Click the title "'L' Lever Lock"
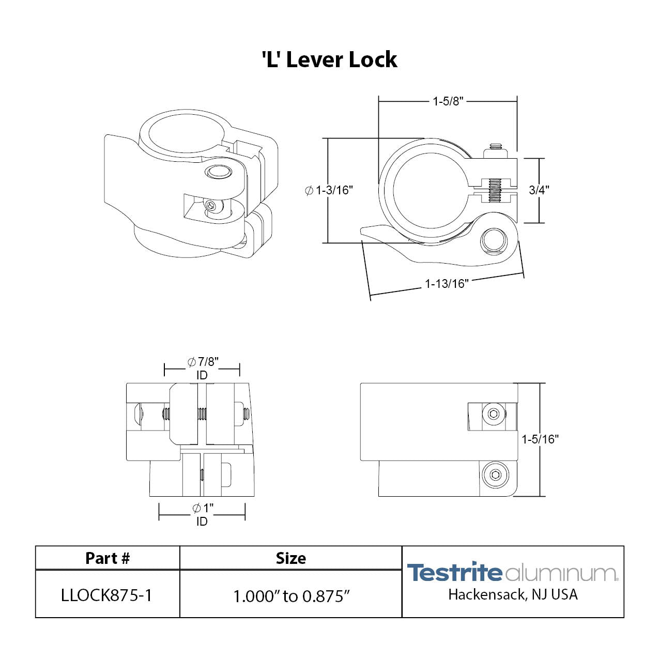point(329,60)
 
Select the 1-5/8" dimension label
point(448,101)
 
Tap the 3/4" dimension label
point(539,190)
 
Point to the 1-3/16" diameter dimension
point(329,190)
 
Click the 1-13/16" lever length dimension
point(447,283)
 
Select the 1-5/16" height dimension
point(540,439)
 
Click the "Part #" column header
point(108,558)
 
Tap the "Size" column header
point(290,558)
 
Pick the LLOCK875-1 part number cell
point(106,595)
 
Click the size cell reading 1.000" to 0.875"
point(292,596)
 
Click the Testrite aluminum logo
point(512,573)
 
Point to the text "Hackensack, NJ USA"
point(513,595)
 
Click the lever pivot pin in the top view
point(495,241)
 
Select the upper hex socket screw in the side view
point(493,414)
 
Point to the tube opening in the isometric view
point(184,133)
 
